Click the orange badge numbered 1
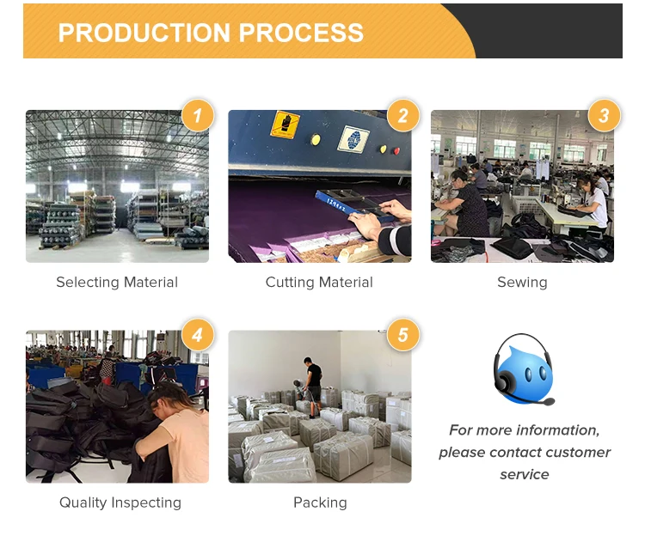[x=198, y=115]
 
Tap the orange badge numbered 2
[x=402, y=115]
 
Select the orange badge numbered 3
[x=604, y=115]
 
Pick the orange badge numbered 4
[x=198, y=335]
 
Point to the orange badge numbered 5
[x=402, y=335]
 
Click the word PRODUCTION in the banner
[x=143, y=33]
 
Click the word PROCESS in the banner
[x=301, y=33]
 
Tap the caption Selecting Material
[x=117, y=283]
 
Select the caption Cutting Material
[x=319, y=283]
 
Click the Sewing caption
[x=522, y=283]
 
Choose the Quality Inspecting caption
[x=120, y=502]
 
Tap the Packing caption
[x=320, y=502]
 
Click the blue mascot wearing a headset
[x=522, y=372]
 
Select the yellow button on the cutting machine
[x=316, y=139]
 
